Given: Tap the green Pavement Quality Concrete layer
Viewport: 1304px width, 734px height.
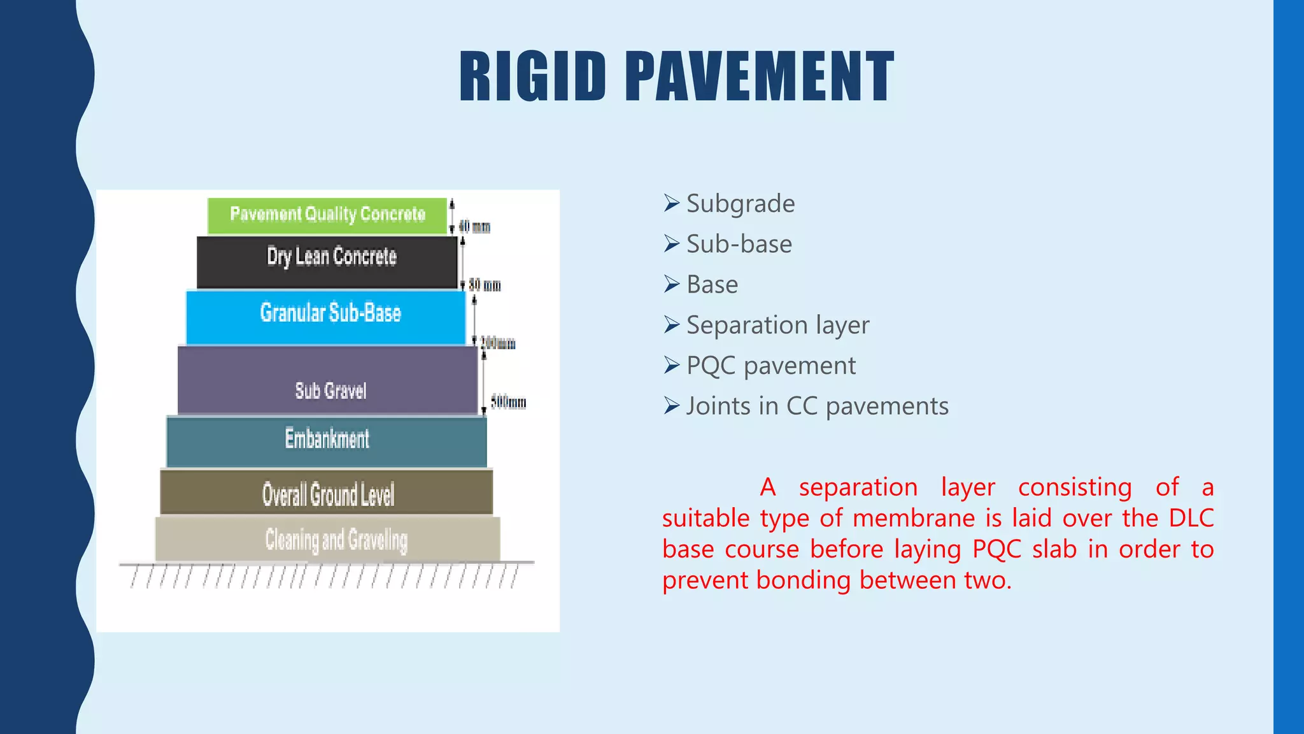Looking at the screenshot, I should pos(327,215).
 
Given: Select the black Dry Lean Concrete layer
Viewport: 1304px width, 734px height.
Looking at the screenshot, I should pos(327,261).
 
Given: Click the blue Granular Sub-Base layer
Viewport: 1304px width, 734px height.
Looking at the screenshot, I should pos(326,317).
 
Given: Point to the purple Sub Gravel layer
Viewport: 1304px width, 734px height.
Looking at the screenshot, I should pos(327,380).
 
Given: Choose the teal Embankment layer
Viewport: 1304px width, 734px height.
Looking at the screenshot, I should pos(327,441).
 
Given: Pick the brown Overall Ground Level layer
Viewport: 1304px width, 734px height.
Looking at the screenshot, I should pos(327,493).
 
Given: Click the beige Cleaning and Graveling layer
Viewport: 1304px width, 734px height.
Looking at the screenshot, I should pos(328,539).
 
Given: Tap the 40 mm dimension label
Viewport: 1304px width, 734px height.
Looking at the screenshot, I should pos(474,226).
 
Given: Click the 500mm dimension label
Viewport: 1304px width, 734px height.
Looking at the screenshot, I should pos(508,402).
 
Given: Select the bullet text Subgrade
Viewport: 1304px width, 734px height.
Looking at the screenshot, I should pos(741,204).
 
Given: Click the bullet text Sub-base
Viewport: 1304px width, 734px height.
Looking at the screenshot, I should pos(739,244).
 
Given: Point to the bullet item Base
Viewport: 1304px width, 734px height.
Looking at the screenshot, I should pos(712,285).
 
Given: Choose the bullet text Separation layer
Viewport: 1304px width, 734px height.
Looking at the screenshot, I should pos(777,326).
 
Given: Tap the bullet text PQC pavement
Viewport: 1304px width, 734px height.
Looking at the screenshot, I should pos(770,366).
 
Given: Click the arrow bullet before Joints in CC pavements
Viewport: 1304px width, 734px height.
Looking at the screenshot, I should pos(672,405).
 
